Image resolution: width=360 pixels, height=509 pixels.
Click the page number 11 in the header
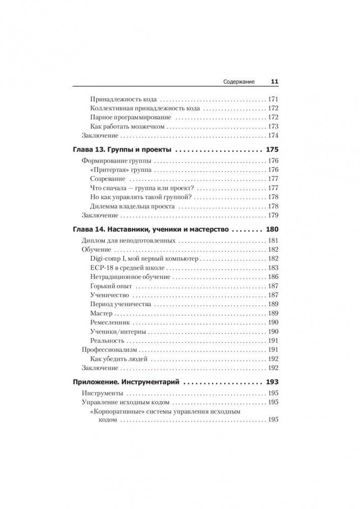(274, 81)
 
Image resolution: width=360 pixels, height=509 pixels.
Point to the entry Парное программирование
(124, 117)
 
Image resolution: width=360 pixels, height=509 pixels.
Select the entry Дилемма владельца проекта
(132, 206)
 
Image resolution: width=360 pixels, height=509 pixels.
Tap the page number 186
(273, 277)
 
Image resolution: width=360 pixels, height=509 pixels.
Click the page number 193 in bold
(272, 382)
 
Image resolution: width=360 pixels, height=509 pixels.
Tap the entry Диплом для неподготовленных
(129, 241)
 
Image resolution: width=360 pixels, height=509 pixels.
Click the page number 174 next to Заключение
(273, 136)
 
